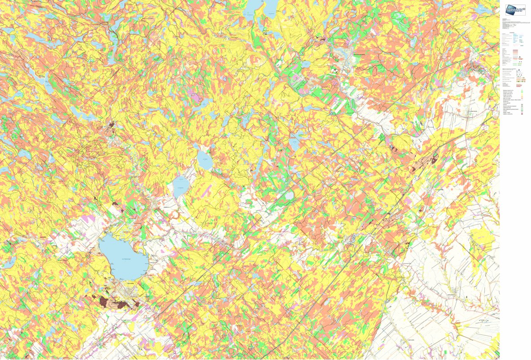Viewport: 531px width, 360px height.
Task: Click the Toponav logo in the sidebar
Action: pyautogui.click(x=515, y=10)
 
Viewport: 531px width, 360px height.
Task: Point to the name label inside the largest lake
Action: pyautogui.click(x=124, y=259)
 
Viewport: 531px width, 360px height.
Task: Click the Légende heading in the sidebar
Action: pyautogui.click(x=512, y=32)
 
